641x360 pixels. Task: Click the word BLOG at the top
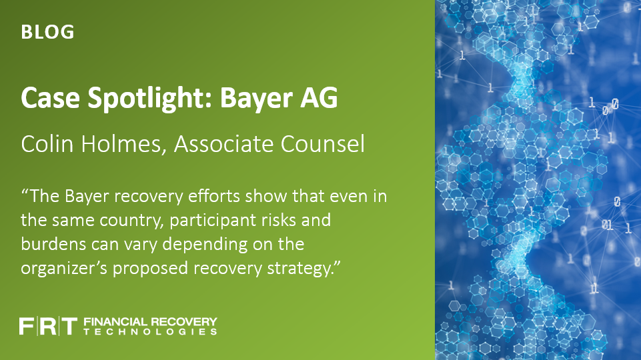click(47, 32)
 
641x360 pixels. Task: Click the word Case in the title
click(50, 97)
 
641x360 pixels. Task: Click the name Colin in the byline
click(47, 144)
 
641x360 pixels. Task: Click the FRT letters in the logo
click(48, 326)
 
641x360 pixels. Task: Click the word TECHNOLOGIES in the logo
click(151, 332)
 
